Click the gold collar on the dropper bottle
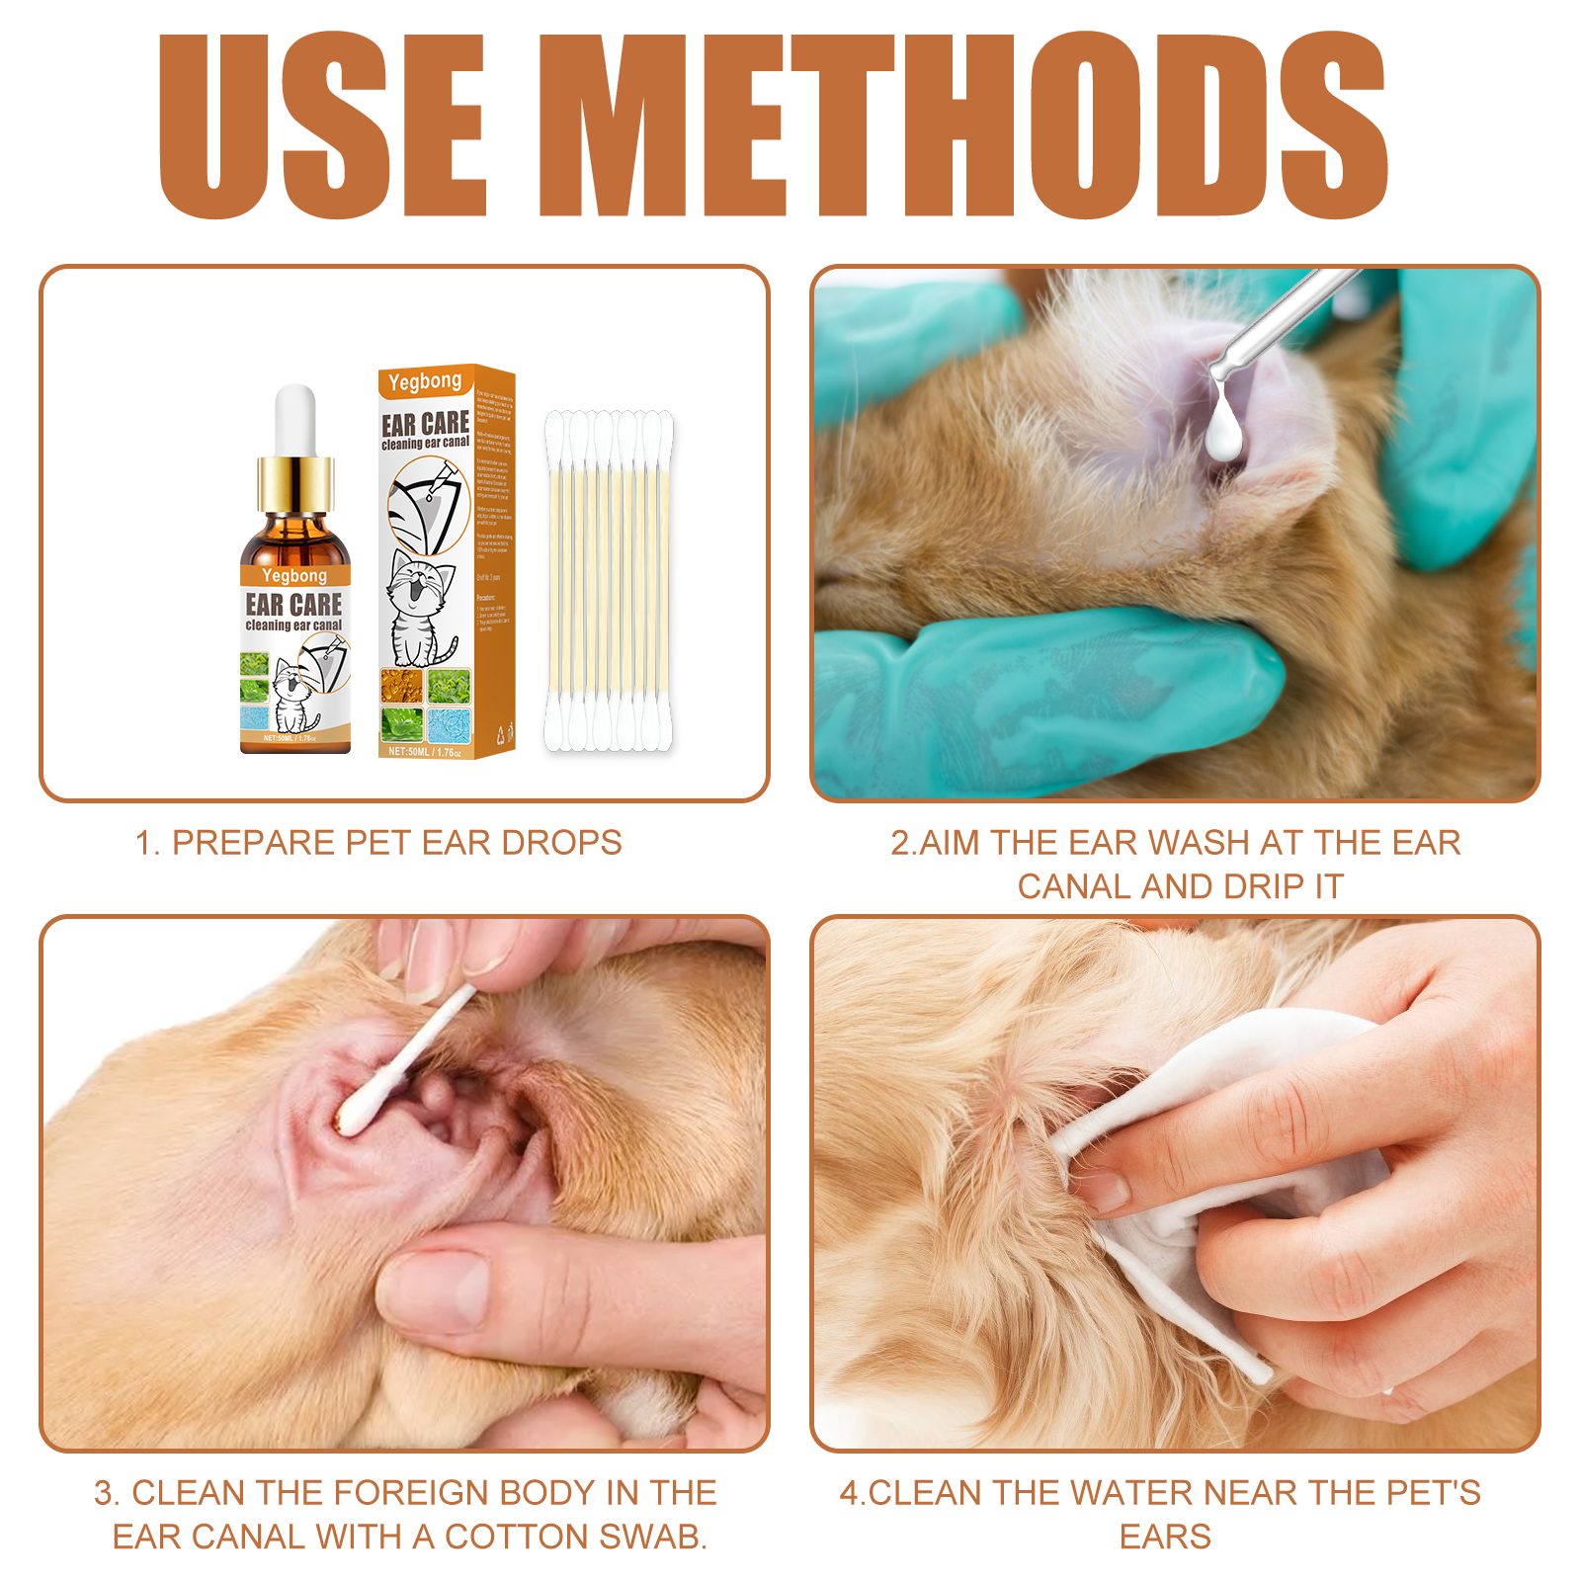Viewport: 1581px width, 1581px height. tap(295, 485)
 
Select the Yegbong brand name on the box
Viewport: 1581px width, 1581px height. tap(425, 381)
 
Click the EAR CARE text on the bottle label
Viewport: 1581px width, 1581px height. tap(293, 605)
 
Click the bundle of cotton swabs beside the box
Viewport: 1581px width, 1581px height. tap(609, 581)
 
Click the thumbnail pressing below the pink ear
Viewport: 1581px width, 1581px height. tap(435, 1285)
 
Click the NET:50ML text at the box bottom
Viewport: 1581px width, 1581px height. tap(409, 752)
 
